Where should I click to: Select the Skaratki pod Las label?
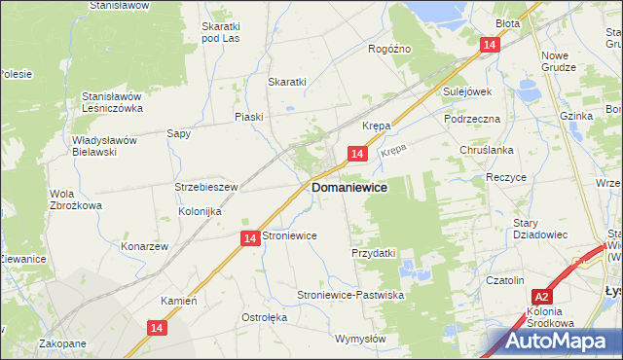coord(220,32)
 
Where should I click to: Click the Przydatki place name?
coord(373,253)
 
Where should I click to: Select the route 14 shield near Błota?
coord(490,45)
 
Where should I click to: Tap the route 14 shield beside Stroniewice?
coord(249,237)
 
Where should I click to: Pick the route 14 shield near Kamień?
coord(158,330)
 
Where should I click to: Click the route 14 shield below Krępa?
coord(357,155)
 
